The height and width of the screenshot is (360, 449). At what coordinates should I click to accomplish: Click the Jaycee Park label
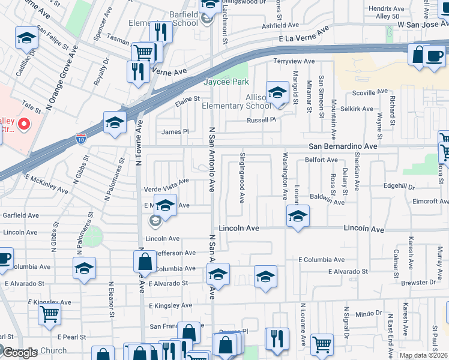pyautogui.click(x=226, y=82)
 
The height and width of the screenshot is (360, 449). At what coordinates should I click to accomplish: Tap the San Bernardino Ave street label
pyautogui.click(x=343, y=146)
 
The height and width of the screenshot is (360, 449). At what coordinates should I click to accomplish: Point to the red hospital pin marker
pyautogui.click(x=23, y=125)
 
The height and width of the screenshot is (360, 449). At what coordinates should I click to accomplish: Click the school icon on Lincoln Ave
pyautogui.click(x=297, y=216)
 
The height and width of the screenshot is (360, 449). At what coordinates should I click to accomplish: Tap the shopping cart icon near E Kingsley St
pyautogui.click(x=49, y=314)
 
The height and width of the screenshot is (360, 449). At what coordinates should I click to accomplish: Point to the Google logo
pyautogui.click(x=18, y=353)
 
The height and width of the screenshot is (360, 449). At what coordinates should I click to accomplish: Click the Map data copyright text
pyautogui.click(x=423, y=355)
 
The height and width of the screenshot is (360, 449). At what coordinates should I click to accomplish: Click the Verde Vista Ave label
pyautogui.click(x=166, y=190)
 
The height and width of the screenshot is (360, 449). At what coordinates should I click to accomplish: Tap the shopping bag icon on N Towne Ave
pyautogui.click(x=145, y=262)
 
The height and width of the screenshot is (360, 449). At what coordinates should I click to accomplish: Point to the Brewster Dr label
pyautogui.click(x=419, y=282)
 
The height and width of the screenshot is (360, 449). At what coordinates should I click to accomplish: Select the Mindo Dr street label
pyautogui.click(x=369, y=313)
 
